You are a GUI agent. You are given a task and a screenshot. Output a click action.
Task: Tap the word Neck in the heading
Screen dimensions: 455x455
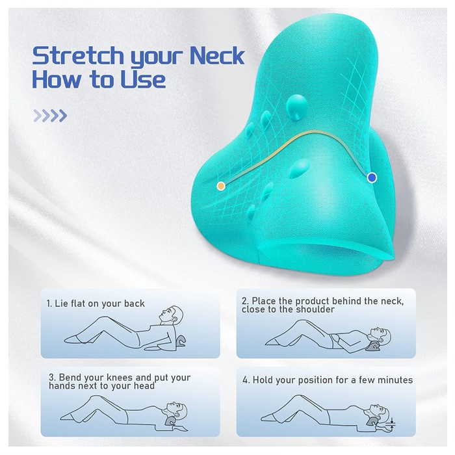tap(216, 55)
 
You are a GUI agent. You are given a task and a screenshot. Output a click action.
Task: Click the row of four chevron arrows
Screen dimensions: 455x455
tap(50, 116)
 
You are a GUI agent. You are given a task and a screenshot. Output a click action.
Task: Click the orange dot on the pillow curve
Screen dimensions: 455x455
tap(221, 186)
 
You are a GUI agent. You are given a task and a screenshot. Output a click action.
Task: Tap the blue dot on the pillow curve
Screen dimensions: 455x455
tap(372, 177)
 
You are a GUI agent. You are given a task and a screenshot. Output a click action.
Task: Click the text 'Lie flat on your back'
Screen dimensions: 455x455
tap(99, 304)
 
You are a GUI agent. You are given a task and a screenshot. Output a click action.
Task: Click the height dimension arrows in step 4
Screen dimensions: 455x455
tap(392, 423)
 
